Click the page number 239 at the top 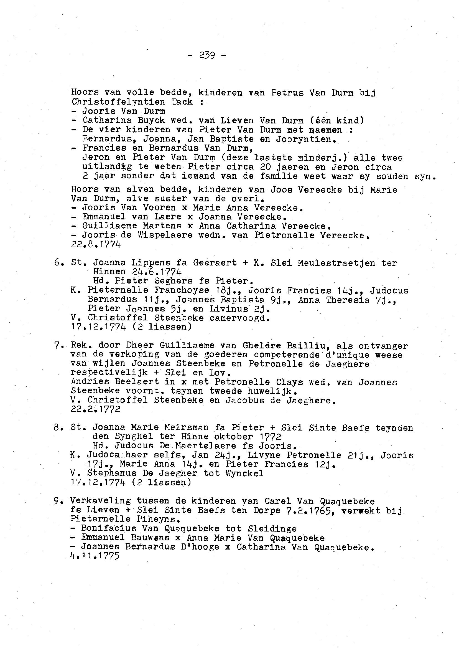click(207, 55)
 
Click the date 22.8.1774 click(96, 244)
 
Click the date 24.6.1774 click(157, 272)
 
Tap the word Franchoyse click(182, 290)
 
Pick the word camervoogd click(240, 318)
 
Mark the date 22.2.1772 click(96, 409)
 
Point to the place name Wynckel click(244, 473)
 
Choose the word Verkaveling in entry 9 click(101, 501)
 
